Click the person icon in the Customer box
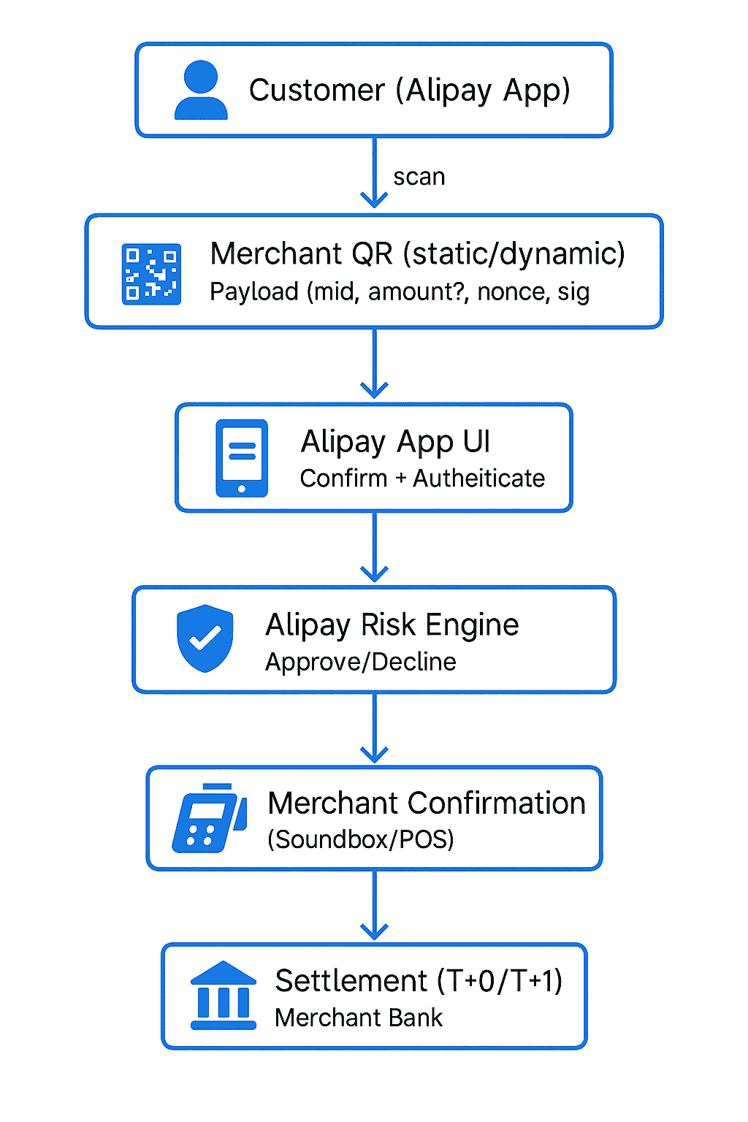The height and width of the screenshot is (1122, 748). (201, 91)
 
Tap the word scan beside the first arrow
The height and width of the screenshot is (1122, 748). (419, 178)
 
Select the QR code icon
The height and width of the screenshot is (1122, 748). (151, 274)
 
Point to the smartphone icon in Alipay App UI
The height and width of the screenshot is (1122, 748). (242, 458)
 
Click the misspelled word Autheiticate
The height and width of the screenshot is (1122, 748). (478, 478)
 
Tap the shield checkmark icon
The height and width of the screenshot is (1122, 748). (205, 638)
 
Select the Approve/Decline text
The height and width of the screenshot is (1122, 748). (361, 662)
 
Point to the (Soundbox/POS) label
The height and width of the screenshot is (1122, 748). (361, 839)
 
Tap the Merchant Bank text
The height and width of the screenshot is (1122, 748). (359, 1018)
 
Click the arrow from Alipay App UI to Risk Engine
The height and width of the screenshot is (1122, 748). (374, 547)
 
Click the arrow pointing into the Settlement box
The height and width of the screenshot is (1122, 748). (374, 906)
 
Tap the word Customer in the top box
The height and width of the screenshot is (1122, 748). (316, 91)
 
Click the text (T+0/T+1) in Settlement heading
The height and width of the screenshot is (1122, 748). (500, 981)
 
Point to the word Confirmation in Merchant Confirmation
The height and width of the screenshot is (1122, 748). (497, 804)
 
